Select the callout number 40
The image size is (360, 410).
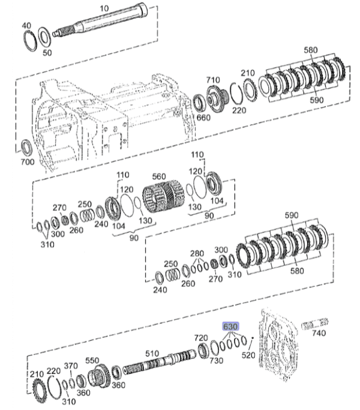click(26, 25)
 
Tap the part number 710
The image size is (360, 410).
click(214, 79)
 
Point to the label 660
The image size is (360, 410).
click(203, 118)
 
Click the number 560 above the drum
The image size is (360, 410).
click(158, 176)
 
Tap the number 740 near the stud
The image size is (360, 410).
click(320, 333)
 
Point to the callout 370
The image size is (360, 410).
click(71, 366)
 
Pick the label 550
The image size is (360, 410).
click(92, 361)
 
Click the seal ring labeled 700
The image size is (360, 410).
click(26, 148)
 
